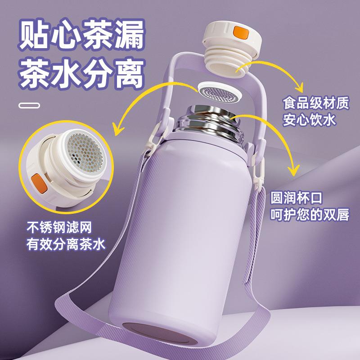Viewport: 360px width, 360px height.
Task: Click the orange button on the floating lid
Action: click(241, 32)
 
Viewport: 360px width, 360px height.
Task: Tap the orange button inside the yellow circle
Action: click(40, 183)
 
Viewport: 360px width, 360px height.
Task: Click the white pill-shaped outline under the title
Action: click(29, 106)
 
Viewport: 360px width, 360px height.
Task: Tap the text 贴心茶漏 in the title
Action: click(81, 35)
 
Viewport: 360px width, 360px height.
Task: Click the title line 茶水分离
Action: click(81, 74)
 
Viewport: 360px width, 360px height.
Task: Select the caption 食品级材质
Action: click(316, 103)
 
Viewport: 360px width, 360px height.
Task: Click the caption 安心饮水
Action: click(309, 120)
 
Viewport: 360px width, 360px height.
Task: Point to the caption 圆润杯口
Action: click(297, 198)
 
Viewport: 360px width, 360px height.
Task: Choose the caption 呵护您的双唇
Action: click(310, 215)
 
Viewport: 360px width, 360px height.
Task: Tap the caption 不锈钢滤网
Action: click(59, 227)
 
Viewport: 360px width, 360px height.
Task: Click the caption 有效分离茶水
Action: click(66, 244)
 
